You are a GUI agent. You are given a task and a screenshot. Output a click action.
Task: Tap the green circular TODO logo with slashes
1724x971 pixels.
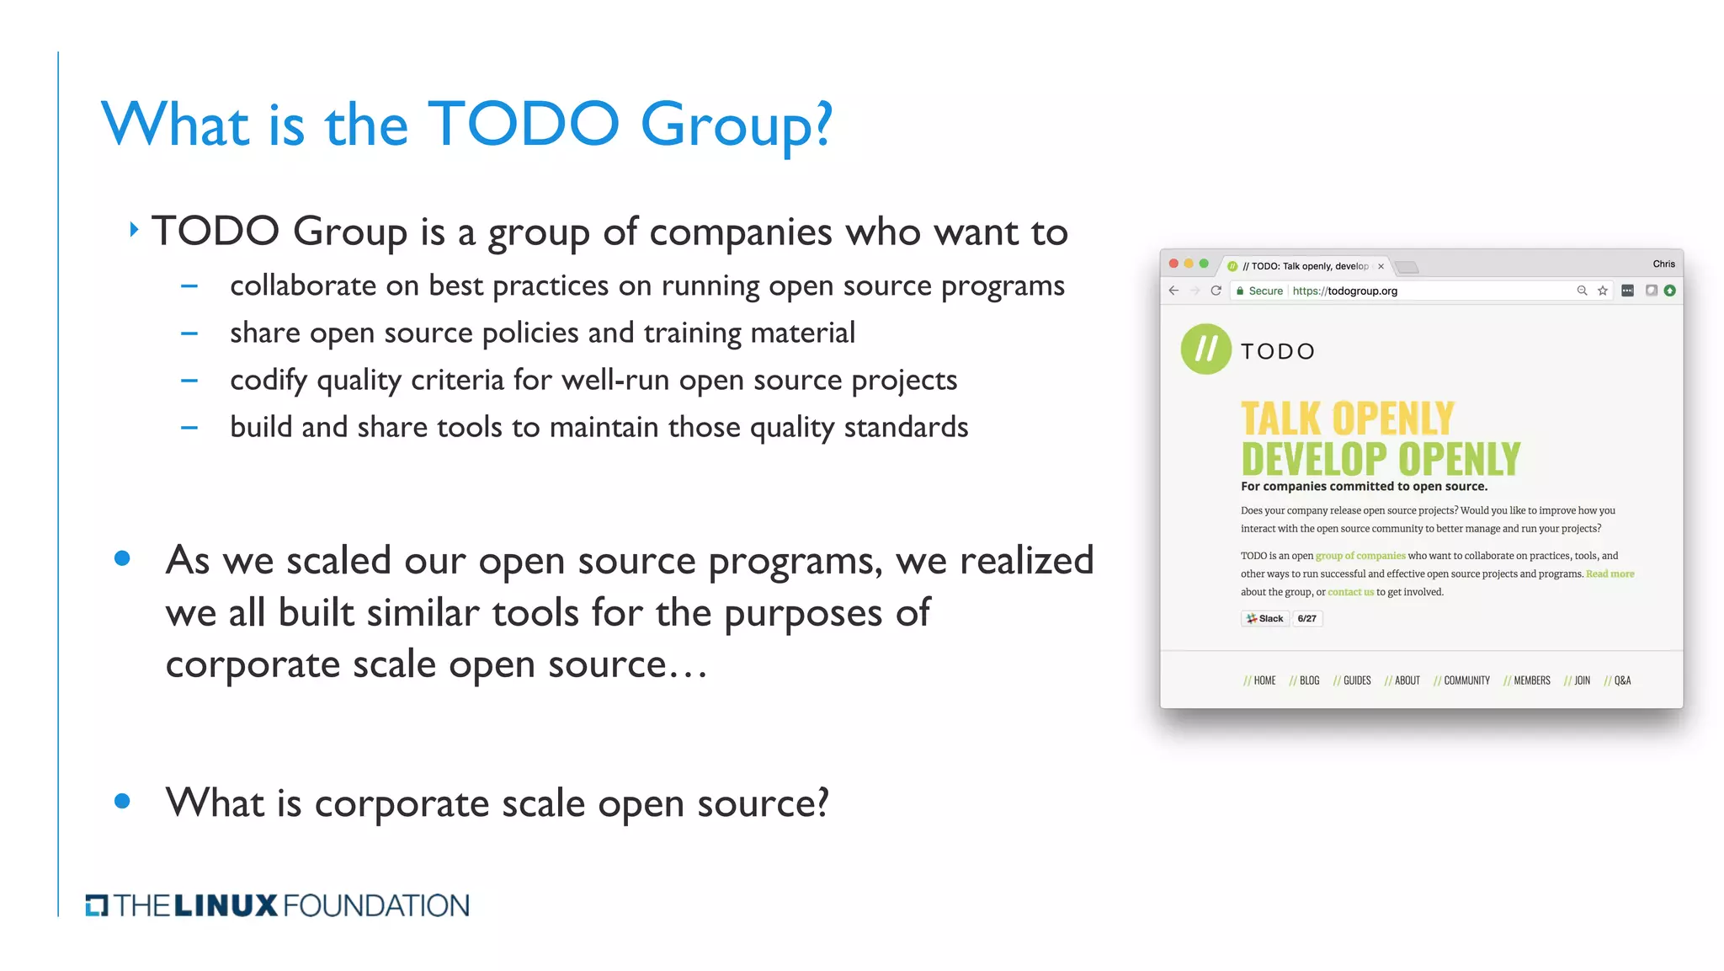click(x=1205, y=349)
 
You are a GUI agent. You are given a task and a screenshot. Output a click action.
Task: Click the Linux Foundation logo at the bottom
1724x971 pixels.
click(x=277, y=905)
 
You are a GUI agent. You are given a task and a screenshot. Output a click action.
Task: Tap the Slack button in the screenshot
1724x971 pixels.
click(x=1265, y=619)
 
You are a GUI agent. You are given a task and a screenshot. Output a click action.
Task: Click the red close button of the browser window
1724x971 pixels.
click(x=1173, y=264)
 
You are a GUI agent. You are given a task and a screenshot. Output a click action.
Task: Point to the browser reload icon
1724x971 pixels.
click(x=1216, y=291)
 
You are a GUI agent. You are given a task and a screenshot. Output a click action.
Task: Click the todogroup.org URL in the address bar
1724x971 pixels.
click(x=1344, y=291)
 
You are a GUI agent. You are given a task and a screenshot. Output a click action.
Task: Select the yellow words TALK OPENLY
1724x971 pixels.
click(x=1347, y=419)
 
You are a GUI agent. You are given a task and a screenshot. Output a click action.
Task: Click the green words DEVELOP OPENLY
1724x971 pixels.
click(x=1381, y=459)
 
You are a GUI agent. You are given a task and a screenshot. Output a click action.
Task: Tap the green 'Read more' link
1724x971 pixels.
click(x=1610, y=574)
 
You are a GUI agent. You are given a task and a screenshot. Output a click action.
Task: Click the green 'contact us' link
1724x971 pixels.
click(x=1350, y=592)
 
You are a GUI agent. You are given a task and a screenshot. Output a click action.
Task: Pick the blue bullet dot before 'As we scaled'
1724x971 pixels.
click(x=122, y=558)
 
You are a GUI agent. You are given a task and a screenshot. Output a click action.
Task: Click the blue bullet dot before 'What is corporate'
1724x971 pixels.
click(x=122, y=801)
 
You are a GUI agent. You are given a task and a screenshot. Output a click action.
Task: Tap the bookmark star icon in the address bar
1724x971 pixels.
click(x=1603, y=291)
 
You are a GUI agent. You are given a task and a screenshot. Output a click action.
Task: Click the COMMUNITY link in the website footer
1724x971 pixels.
click(x=1466, y=680)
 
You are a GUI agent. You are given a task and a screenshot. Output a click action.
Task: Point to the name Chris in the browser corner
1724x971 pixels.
click(x=1663, y=264)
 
